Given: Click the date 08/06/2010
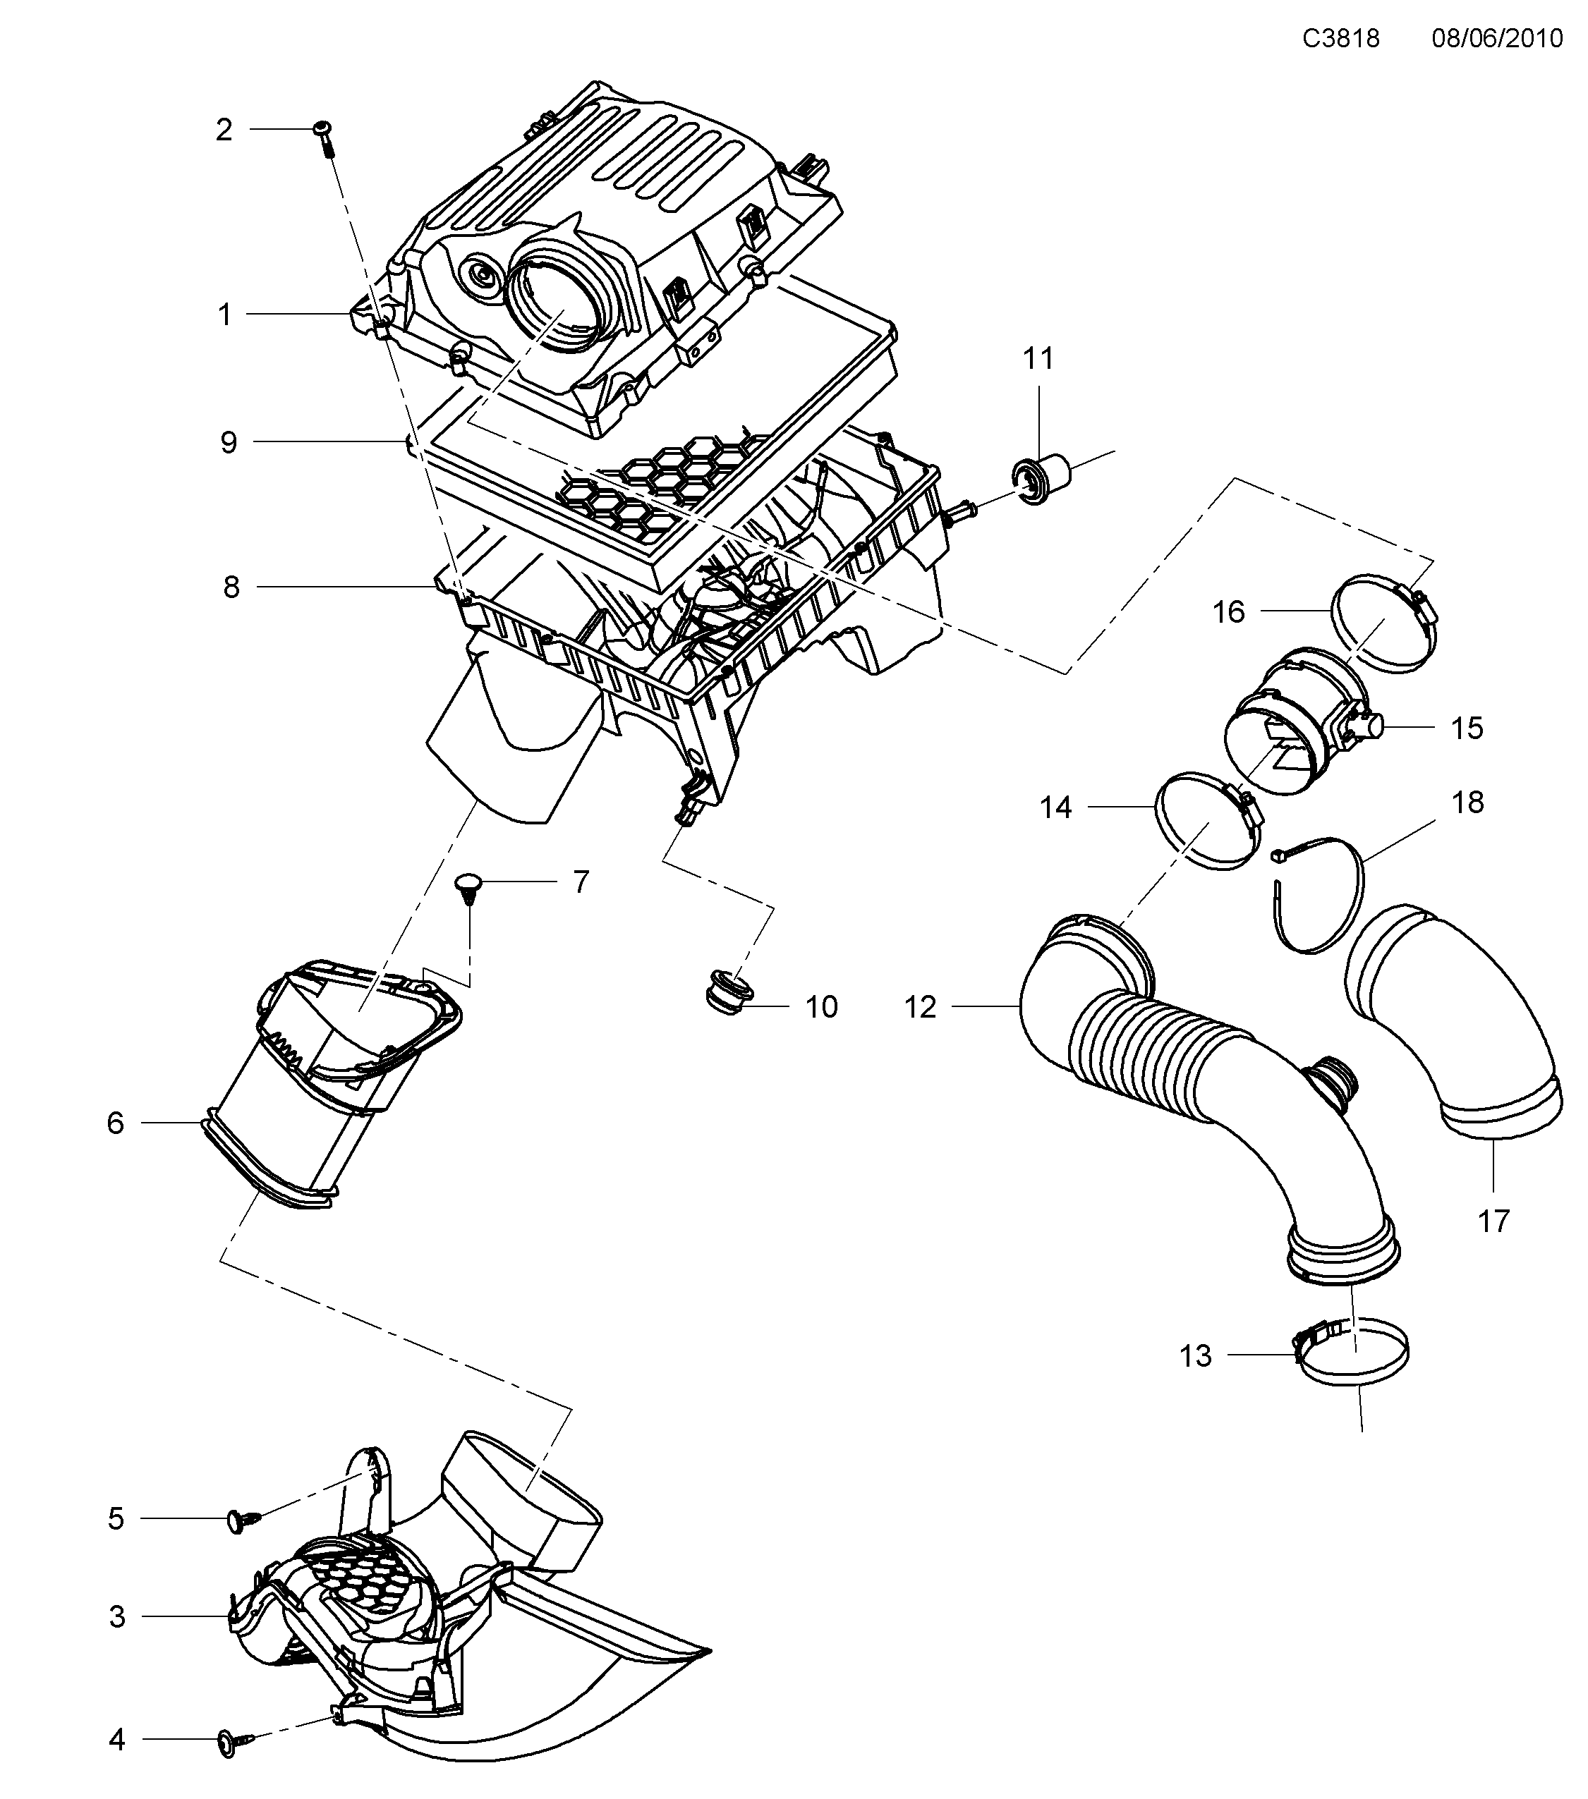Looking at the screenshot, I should click(x=1496, y=39).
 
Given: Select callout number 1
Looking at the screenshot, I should click(x=224, y=315).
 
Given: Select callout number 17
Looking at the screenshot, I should click(x=1493, y=1221).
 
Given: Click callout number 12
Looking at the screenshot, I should click(x=921, y=1007).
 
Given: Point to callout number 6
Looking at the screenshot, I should click(x=115, y=1123).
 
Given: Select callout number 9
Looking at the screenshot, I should click(x=229, y=442).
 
